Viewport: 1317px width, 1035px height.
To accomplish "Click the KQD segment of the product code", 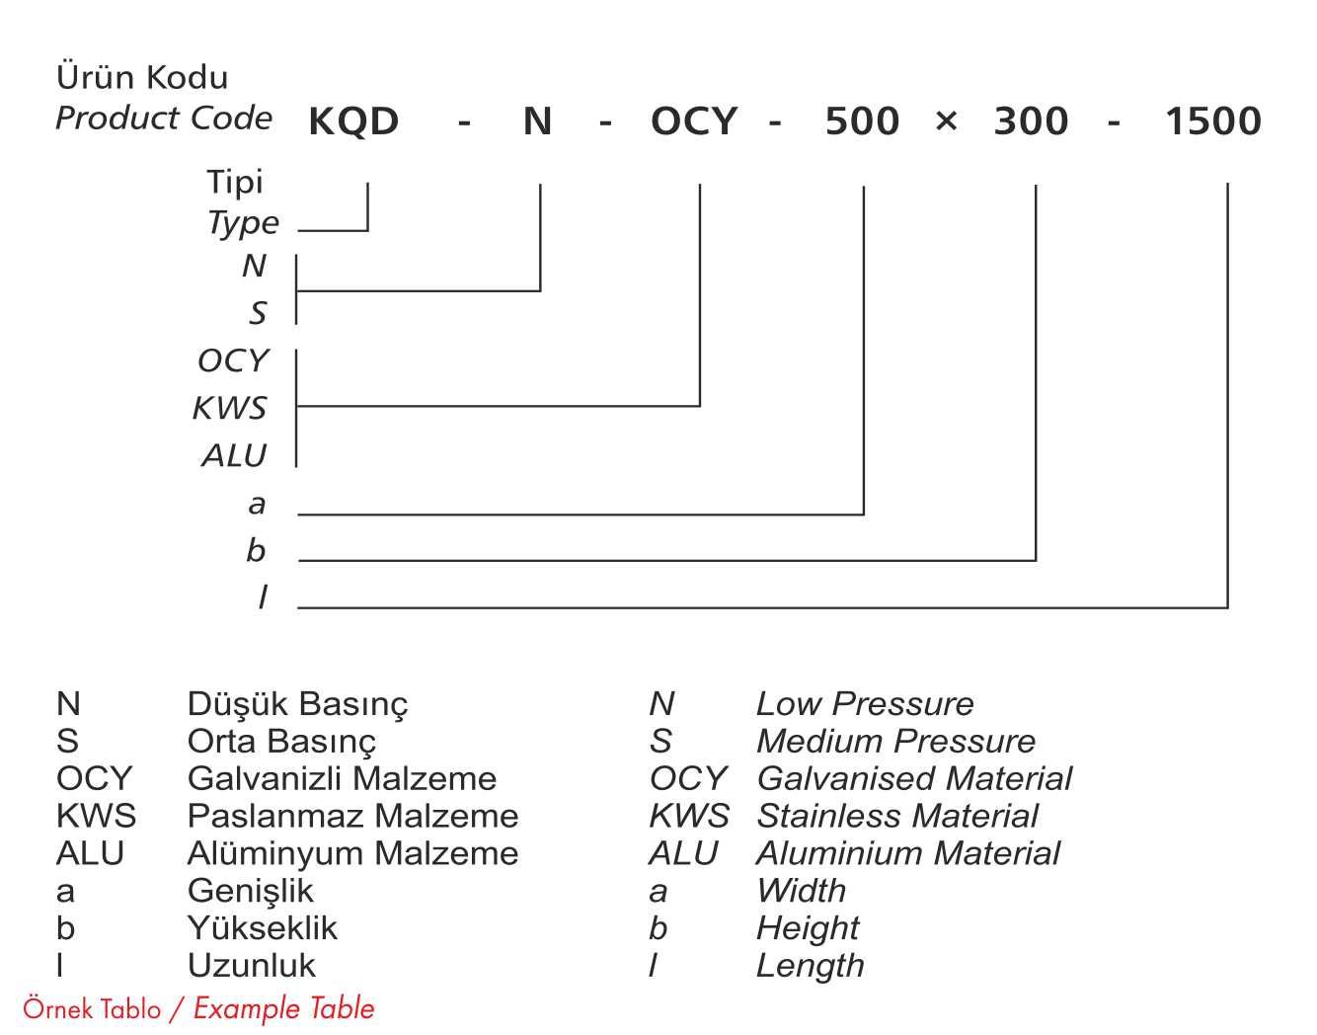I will pyautogui.click(x=353, y=121).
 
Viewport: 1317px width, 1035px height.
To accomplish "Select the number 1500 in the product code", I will pyautogui.click(x=1213, y=121).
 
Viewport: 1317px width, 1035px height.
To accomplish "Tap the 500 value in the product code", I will pyautogui.click(x=862, y=121).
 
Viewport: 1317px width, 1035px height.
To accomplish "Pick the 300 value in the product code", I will pyautogui.click(x=1031, y=121).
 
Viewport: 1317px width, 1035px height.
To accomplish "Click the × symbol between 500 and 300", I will pyautogui.click(x=946, y=121).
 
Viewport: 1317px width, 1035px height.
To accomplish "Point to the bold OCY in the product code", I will pyautogui.click(x=694, y=121).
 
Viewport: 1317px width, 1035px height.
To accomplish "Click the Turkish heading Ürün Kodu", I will pyautogui.click(x=142, y=77).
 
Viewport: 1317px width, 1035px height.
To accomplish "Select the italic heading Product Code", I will pyautogui.click(x=164, y=118).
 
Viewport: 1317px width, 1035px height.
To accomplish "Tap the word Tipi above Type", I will pyautogui.click(x=235, y=182).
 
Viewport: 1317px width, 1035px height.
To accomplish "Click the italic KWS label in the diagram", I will pyautogui.click(x=229, y=407).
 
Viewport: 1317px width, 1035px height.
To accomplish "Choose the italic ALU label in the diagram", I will pyautogui.click(x=234, y=455).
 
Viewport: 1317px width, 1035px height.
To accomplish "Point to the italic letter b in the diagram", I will pyautogui.click(x=256, y=549).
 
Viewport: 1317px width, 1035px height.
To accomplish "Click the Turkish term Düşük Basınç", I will pyautogui.click(x=297, y=704).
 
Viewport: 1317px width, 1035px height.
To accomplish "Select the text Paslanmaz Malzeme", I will pyautogui.click(x=352, y=816).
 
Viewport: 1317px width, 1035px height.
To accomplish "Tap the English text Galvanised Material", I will pyautogui.click(x=913, y=778).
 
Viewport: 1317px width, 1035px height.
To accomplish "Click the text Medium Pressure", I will pyautogui.click(x=895, y=741).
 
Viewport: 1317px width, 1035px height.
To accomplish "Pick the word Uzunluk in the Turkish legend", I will pyautogui.click(x=252, y=965).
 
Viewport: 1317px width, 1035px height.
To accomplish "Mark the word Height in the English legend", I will pyautogui.click(x=808, y=928).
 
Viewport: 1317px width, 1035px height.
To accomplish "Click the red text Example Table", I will pyautogui.click(x=284, y=1008).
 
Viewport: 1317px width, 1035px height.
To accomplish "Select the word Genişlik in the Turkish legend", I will pyautogui.click(x=250, y=891).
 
